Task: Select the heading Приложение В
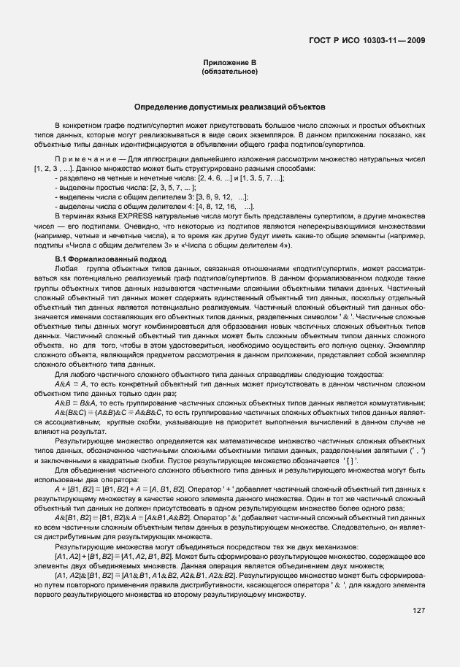(229, 64)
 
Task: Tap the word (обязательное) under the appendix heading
(229, 72)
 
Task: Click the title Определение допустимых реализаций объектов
(229, 107)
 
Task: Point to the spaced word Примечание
(81, 158)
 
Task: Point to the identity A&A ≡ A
(72, 384)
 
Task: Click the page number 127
(418, 610)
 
